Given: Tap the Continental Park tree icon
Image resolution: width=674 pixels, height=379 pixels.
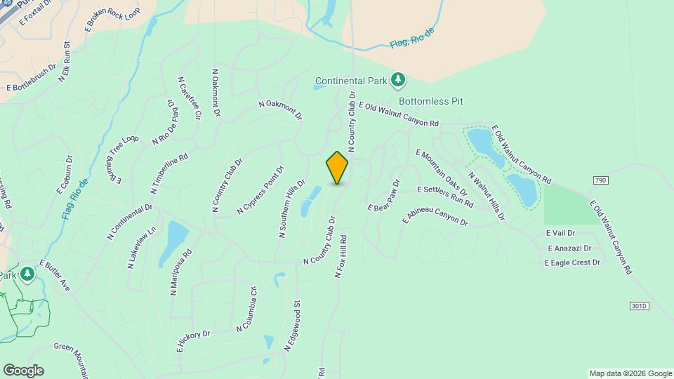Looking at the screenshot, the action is [x=398, y=79].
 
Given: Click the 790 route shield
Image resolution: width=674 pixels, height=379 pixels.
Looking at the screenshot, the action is [x=600, y=180].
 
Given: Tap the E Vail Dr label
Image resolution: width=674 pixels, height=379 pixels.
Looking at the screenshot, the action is [x=560, y=233].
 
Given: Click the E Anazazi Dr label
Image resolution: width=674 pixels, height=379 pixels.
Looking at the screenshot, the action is [x=569, y=248].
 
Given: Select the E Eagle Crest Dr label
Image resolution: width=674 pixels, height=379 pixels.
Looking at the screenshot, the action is [x=572, y=262].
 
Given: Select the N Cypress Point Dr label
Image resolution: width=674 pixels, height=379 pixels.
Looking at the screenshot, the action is [x=260, y=189].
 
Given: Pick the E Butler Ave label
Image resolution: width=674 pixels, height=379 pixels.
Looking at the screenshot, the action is [x=55, y=275].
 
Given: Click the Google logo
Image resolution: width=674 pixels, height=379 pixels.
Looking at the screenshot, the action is [x=23, y=371].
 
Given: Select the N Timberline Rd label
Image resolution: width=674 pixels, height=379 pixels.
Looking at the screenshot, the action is [x=169, y=173].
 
